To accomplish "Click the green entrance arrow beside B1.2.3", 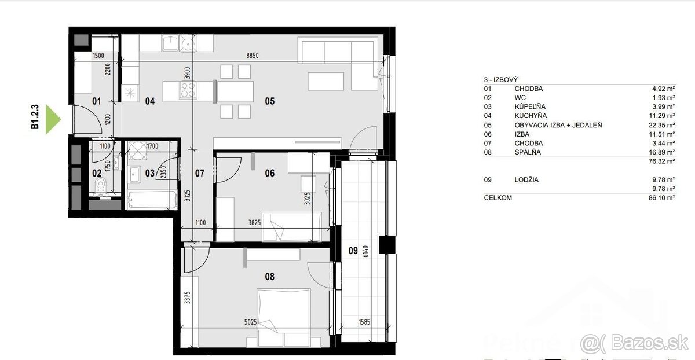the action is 53,119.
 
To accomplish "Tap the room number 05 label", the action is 270,101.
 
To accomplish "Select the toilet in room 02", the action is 100,185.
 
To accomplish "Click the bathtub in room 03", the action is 152,200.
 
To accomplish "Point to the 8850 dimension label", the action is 253,56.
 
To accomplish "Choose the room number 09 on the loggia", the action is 353,251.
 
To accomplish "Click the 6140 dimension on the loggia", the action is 365,251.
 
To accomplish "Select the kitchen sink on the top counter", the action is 170,43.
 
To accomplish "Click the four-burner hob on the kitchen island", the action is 188,90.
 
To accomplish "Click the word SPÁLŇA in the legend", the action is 528,152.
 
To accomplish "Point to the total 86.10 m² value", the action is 661,197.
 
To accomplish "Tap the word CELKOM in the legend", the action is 498,198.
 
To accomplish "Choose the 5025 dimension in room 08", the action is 250,322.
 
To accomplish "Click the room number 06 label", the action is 270,173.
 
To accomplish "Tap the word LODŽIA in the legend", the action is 526,180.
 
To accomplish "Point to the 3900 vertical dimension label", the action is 187,73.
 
